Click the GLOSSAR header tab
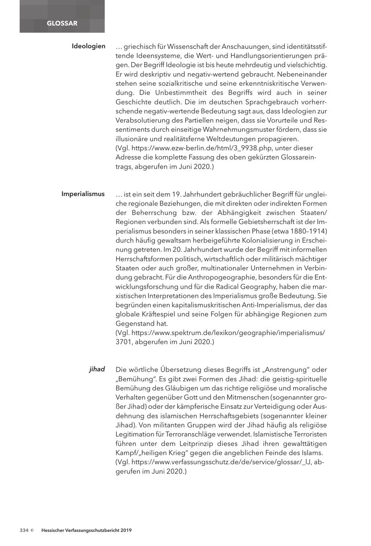(x=62, y=24)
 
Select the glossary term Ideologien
(x=88, y=46)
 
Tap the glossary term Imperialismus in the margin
(x=83, y=194)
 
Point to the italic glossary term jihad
(x=97, y=369)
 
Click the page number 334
(x=24, y=530)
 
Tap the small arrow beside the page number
(x=33, y=530)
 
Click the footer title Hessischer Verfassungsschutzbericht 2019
(x=86, y=530)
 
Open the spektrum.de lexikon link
(x=220, y=332)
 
